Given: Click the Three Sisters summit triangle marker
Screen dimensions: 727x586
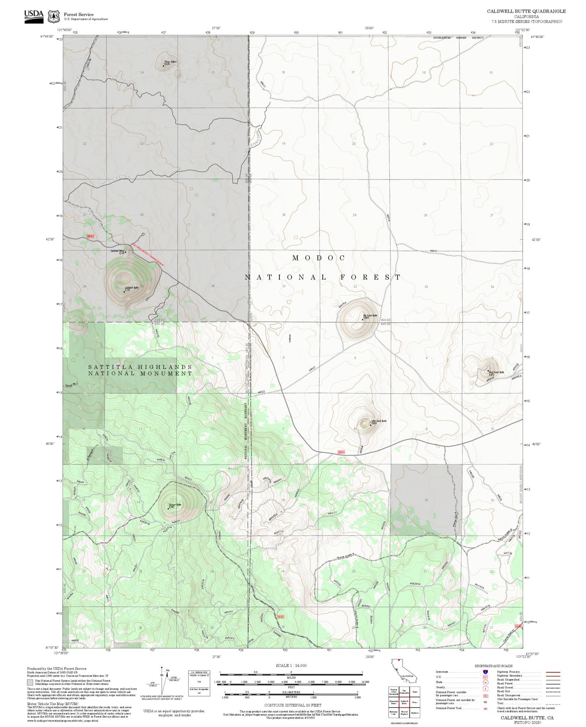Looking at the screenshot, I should [x=163, y=65].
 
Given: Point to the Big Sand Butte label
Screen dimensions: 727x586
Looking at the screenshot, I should [x=370, y=315].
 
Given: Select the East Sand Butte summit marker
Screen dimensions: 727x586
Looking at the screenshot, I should [x=487, y=370].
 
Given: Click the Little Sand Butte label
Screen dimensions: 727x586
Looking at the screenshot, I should [x=379, y=421].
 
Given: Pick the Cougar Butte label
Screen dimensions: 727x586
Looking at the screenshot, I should [x=175, y=504].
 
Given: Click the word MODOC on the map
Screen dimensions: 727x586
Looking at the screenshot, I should [x=319, y=258].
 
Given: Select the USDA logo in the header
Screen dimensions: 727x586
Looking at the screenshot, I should [x=34, y=15].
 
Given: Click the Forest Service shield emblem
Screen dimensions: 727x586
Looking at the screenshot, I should [x=53, y=16].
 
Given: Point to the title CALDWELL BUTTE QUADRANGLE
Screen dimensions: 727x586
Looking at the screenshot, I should [x=526, y=11].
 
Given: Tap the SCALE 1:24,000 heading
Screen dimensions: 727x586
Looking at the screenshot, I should [x=291, y=665].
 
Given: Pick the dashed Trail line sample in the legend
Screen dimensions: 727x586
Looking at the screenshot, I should [x=553, y=704].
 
